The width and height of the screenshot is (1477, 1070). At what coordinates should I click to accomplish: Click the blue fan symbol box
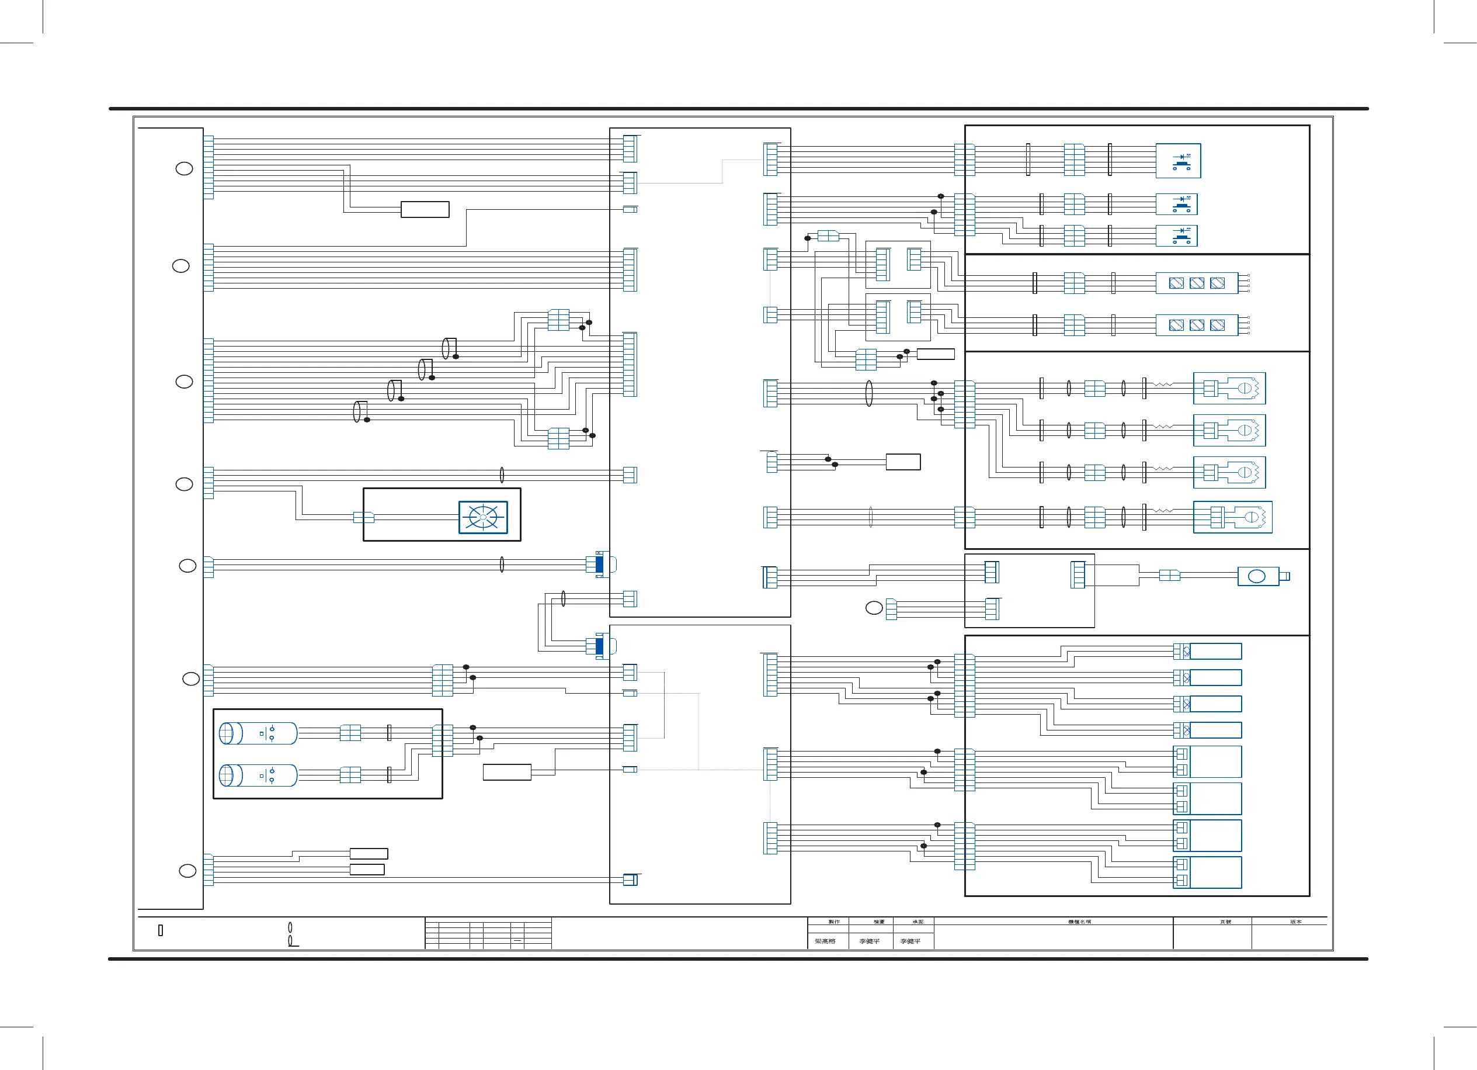(482, 517)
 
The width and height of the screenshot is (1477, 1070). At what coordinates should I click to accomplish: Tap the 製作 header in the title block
(833, 922)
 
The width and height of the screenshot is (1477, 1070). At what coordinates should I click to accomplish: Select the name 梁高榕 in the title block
(825, 941)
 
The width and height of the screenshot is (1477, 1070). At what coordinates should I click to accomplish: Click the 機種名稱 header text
(1079, 922)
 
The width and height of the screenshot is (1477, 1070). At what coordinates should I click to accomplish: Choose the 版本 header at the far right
(1295, 922)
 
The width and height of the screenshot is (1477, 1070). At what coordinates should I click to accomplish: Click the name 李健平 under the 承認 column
(910, 941)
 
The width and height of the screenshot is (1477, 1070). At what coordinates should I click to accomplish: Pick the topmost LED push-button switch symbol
(1178, 161)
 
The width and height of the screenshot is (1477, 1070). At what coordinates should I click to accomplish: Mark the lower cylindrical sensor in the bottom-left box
(258, 775)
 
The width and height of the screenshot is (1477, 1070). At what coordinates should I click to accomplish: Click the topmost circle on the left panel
(185, 169)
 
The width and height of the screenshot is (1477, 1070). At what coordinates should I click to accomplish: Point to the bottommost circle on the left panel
(187, 871)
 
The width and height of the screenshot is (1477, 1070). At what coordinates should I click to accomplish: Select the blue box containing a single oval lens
(1258, 576)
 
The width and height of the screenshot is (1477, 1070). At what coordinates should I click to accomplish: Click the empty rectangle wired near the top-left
(425, 209)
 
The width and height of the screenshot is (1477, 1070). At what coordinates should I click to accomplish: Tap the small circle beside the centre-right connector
(874, 608)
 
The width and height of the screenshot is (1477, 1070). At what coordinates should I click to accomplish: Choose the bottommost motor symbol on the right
(1232, 517)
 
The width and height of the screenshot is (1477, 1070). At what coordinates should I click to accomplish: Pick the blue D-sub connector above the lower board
(600, 564)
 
